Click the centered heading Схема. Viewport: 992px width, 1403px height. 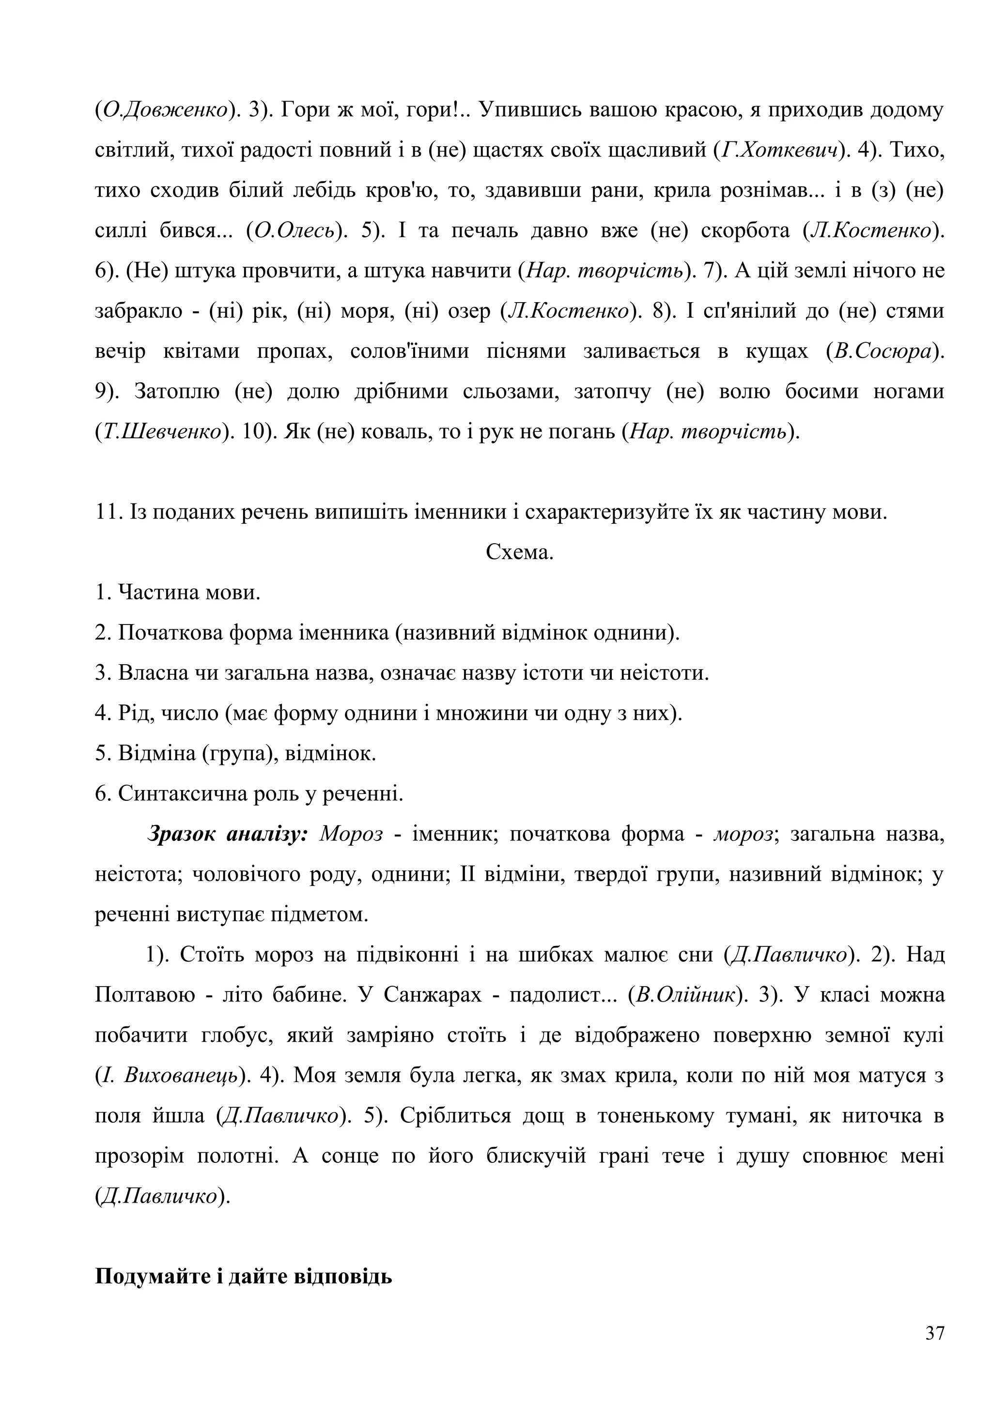coord(520,552)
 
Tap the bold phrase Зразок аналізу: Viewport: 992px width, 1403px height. coord(227,835)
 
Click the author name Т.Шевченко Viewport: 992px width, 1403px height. coord(162,432)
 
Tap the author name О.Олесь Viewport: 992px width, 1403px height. coord(294,231)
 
